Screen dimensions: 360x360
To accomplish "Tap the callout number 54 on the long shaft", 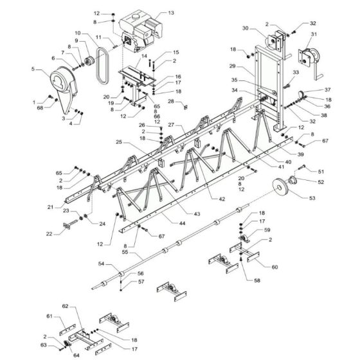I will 101,264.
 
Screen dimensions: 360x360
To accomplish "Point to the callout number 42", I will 221,200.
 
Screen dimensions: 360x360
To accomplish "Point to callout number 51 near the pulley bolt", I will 321,172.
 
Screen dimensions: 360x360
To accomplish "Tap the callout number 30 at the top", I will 245,28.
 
